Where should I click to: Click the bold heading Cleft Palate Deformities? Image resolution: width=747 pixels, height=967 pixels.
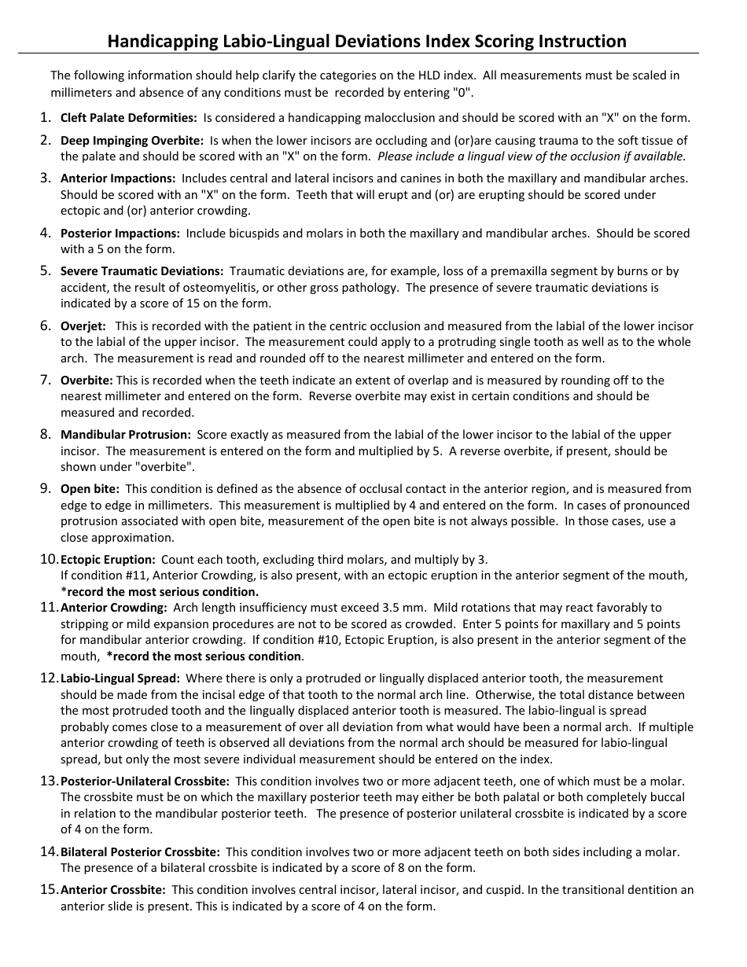(x=129, y=118)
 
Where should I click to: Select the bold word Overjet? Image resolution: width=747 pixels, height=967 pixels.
(x=83, y=325)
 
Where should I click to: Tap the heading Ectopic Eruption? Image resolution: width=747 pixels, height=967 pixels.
(x=108, y=560)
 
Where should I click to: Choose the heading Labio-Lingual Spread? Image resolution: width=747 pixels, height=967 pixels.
(x=120, y=678)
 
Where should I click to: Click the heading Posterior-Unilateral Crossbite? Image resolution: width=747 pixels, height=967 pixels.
(x=145, y=781)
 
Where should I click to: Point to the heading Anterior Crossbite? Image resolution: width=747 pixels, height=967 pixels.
(x=112, y=890)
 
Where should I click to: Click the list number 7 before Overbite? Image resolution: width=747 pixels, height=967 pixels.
(x=45, y=380)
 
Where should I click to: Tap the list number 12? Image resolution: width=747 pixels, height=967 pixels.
(x=49, y=678)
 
